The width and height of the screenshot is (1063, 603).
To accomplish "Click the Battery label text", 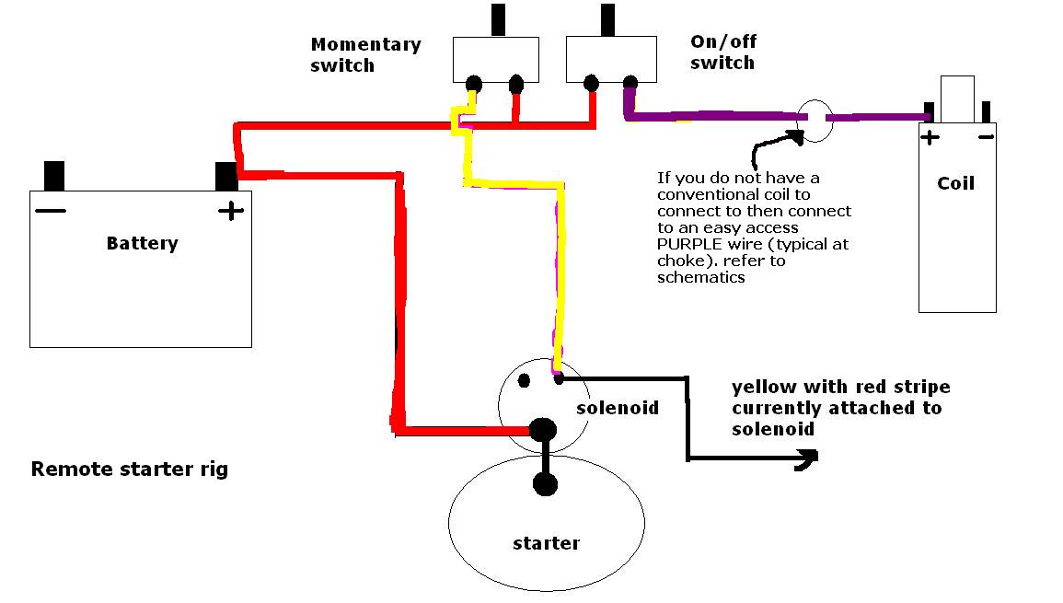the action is [143, 243].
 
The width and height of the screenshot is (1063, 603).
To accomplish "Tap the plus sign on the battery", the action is [230, 210].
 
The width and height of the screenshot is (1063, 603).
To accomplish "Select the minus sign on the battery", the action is [51, 210].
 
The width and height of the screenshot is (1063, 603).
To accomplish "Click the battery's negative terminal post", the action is [54, 177].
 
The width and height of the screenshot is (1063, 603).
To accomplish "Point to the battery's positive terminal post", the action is [226, 177].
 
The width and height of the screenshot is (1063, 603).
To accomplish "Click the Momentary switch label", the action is [366, 55].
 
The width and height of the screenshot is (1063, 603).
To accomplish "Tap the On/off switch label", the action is [723, 52].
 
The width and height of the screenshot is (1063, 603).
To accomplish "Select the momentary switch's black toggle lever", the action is [498, 20].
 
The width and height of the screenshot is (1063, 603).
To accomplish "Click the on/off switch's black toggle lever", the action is [608, 20].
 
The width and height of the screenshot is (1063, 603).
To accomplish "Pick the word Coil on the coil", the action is [956, 183].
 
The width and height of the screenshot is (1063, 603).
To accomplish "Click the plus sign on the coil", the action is [930, 138].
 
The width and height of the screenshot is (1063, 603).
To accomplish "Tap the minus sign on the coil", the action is [987, 138].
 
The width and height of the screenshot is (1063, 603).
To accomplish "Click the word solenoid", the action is [618, 408].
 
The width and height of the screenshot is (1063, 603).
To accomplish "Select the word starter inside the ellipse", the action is [547, 543].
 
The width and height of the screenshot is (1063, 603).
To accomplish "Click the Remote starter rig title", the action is [130, 470].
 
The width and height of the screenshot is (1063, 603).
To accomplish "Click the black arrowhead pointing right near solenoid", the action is [807, 459].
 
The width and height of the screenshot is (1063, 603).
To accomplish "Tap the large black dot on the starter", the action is [545, 485].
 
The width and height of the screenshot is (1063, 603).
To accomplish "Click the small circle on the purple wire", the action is [815, 121].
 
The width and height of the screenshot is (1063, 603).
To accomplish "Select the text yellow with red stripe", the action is [840, 387].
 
